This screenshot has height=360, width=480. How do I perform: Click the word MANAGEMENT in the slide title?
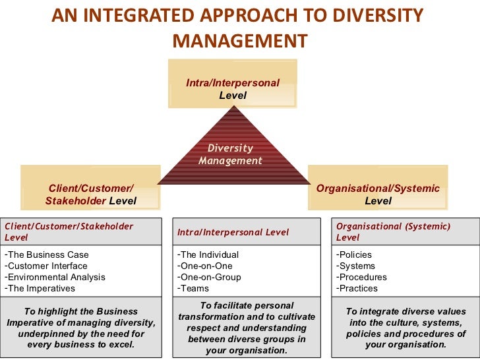pos(239,41)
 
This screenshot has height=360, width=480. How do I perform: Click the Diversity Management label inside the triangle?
pos(230,154)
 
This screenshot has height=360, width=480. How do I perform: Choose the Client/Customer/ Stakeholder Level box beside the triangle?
pos(91,194)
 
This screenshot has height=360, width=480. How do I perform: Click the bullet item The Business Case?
pos(47,255)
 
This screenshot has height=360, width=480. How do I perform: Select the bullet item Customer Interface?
pos(47,266)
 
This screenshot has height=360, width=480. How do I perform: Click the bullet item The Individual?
pos(209,255)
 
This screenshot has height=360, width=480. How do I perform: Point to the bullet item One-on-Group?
pos(210,277)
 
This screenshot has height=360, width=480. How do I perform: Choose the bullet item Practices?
pos(358,288)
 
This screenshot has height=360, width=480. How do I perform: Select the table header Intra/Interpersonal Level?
pos(233,232)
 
